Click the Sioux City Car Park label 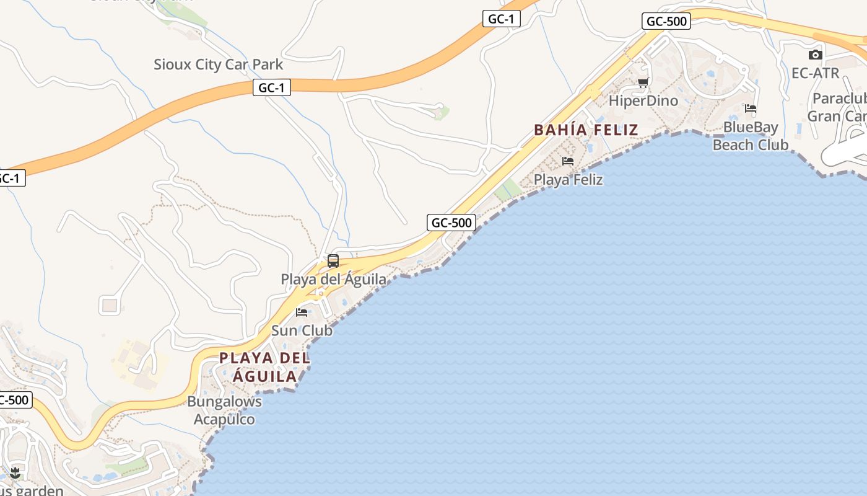[218, 64]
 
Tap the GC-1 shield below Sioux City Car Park [271, 88]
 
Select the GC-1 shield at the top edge [501, 19]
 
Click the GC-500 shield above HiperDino [666, 21]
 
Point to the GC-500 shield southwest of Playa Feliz [451, 223]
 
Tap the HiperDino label [643, 100]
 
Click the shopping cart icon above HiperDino [643, 83]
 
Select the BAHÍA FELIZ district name [586, 130]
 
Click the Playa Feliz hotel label [569, 180]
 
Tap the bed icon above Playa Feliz [568, 161]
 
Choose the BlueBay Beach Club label [751, 136]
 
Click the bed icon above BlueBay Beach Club [751, 108]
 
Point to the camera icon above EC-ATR [816, 55]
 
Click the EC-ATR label [816, 73]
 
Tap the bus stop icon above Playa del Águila [333, 261]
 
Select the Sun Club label [302, 330]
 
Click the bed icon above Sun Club [302, 312]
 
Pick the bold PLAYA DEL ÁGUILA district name [265, 367]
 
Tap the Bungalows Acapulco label [224, 410]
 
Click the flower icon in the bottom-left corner [15, 474]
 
